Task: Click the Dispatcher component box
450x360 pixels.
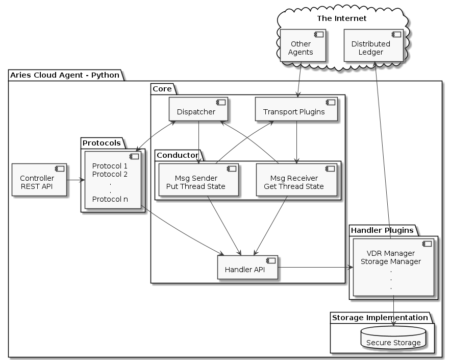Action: (198, 109)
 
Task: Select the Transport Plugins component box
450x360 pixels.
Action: (296, 109)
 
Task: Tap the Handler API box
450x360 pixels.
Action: (247, 267)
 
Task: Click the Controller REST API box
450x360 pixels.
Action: (39, 180)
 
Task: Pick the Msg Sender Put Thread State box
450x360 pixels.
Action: (198, 180)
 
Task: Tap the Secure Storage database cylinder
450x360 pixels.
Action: (393, 339)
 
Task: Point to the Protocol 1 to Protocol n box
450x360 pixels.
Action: (112, 180)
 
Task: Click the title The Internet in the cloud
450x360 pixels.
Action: (341, 18)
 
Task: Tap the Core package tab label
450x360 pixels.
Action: (162, 89)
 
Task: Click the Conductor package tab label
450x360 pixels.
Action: (176, 154)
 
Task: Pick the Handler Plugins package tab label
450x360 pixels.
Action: (382, 230)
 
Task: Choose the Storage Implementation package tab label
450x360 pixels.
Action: (380, 318)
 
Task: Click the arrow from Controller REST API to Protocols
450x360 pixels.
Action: (74, 180)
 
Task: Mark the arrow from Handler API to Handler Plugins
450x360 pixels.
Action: (314, 267)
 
